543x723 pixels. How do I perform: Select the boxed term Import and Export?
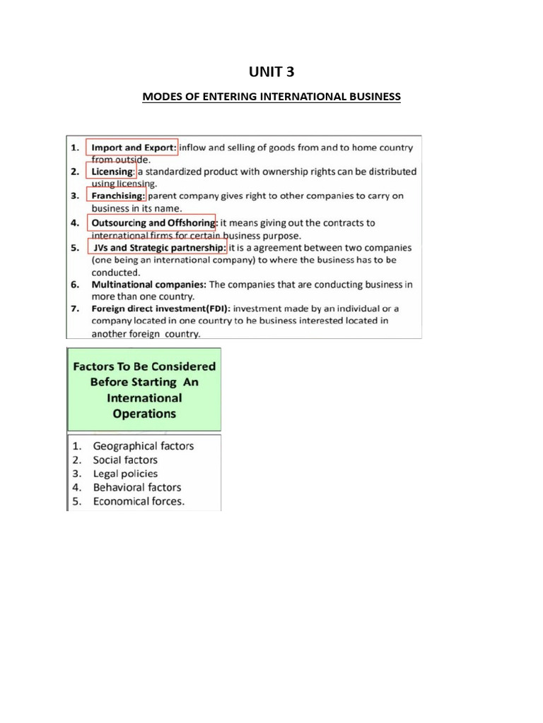click(132, 148)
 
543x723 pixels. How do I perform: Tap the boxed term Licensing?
click(112, 172)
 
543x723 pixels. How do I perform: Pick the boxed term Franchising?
click(117, 196)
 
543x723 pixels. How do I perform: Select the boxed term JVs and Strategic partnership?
click(157, 248)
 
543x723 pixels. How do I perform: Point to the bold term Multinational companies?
click(148, 285)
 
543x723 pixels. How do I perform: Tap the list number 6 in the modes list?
click(74, 285)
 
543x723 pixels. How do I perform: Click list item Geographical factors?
click(143, 446)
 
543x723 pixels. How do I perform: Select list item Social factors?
click(125, 460)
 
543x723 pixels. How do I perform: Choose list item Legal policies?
click(125, 474)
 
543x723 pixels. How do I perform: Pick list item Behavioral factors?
click(136, 487)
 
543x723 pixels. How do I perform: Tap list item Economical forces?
click(139, 501)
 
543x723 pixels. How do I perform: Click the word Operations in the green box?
click(144, 414)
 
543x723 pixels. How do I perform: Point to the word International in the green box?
click(144, 398)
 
